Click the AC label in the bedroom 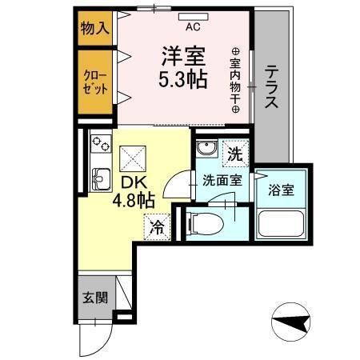click(x=192, y=26)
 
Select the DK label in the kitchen click(x=133, y=182)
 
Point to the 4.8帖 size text click(x=134, y=201)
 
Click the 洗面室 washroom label click(x=220, y=181)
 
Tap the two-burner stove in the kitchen click(x=102, y=145)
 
